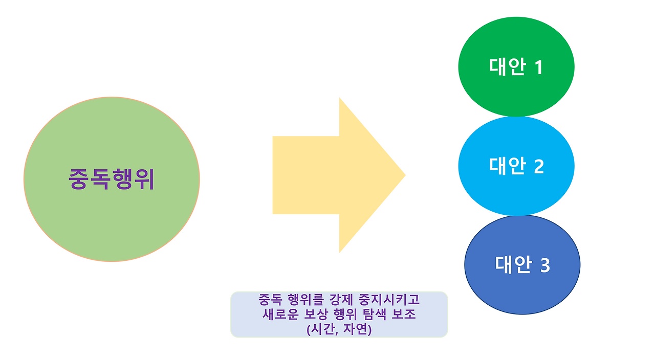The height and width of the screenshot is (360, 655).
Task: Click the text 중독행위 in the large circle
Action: click(112, 179)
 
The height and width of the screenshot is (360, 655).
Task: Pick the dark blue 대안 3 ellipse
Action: click(522, 291)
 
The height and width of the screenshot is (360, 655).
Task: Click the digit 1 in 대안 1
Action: click(537, 67)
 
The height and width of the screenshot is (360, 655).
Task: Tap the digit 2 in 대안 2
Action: click(538, 166)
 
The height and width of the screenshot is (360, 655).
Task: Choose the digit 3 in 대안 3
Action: click(544, 265)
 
